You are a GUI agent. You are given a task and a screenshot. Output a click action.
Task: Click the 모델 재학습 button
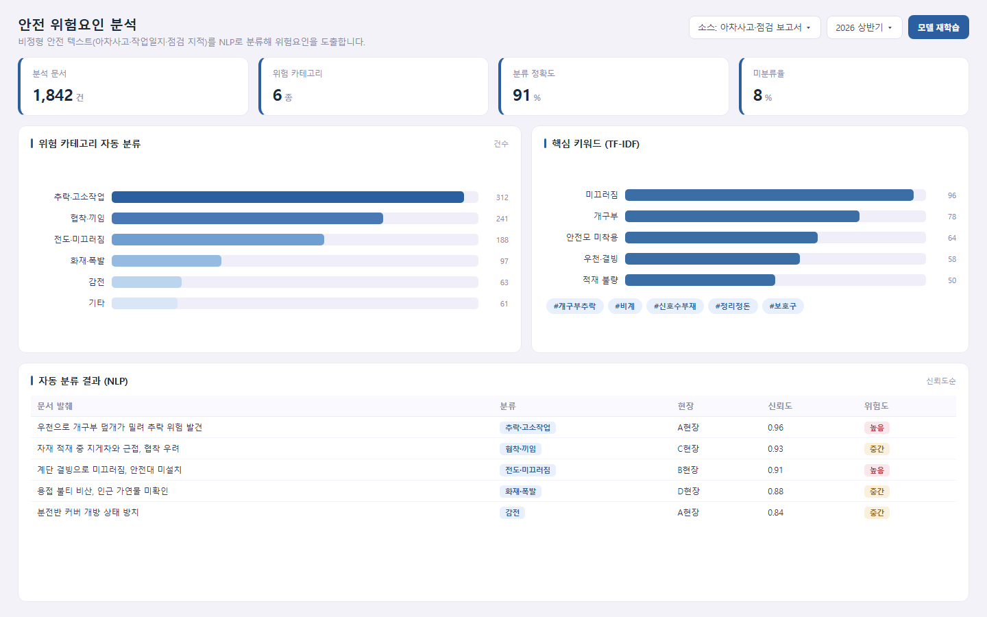[938, 27]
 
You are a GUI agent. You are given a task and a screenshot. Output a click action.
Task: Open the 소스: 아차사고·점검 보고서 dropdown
[755, 27]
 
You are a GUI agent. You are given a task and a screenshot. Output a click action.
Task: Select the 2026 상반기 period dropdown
[864, 27]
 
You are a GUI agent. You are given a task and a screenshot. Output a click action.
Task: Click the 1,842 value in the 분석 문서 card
[53, 95]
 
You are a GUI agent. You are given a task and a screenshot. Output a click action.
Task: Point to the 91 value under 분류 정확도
[521, 95]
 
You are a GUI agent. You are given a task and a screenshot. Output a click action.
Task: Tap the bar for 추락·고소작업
[288, 197]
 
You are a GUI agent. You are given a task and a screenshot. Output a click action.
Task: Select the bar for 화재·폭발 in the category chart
[167, 261]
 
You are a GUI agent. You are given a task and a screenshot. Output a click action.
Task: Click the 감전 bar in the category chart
[147, 282]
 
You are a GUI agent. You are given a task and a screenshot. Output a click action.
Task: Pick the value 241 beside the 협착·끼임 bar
[502, 219]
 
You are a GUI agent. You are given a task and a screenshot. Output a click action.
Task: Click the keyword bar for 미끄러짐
[769, 195]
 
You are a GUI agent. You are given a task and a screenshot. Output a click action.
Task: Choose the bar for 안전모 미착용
[721, 237]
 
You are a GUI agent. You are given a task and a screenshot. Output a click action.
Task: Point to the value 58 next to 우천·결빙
[952, 259]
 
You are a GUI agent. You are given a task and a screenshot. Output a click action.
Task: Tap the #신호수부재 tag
[675, 306]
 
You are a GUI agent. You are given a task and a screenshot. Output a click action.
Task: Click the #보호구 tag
[783, 306]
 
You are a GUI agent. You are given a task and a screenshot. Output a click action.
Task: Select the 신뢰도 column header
[780, 406]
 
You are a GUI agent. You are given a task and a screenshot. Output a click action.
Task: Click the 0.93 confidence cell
[775, 448]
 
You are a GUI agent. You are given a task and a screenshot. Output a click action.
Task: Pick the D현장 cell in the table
[688, 491]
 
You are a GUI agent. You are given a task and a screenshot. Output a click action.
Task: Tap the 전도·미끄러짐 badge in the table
[528, 470]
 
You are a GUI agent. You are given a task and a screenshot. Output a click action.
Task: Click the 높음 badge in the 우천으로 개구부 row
[877, 428]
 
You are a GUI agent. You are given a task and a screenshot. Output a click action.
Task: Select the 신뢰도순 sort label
[940, 380]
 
